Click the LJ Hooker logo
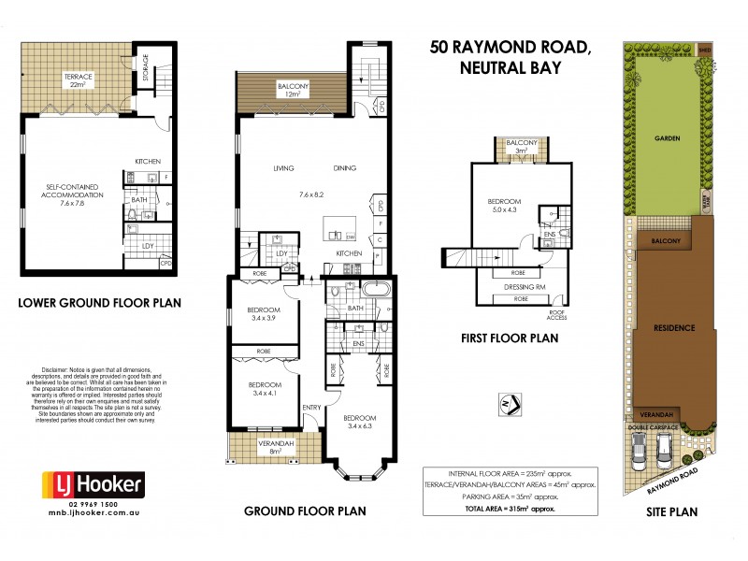(x=93, y=484)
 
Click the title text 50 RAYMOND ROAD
(x=510, y=47)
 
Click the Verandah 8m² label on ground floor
(x=276, y=446)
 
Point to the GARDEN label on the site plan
(x=667, y=137)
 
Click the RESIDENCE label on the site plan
(x=667, y=328)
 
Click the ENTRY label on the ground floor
(x=311, y=407)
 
